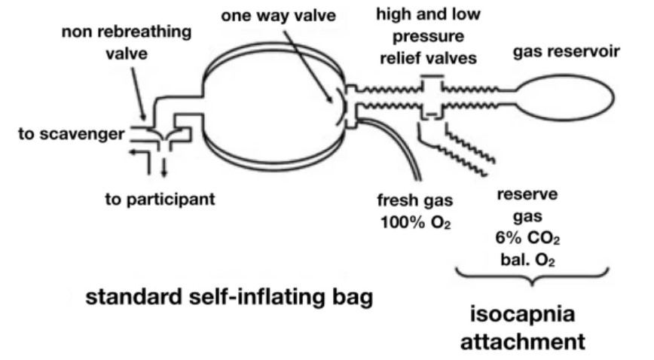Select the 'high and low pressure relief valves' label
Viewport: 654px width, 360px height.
tap(428, 35)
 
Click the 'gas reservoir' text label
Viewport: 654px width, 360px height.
tap(566, 53)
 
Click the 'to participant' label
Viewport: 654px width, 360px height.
tap(160, 200)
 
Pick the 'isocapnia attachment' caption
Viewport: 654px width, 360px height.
tap(533, 329)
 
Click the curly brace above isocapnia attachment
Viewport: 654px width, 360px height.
tap(533, 278)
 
